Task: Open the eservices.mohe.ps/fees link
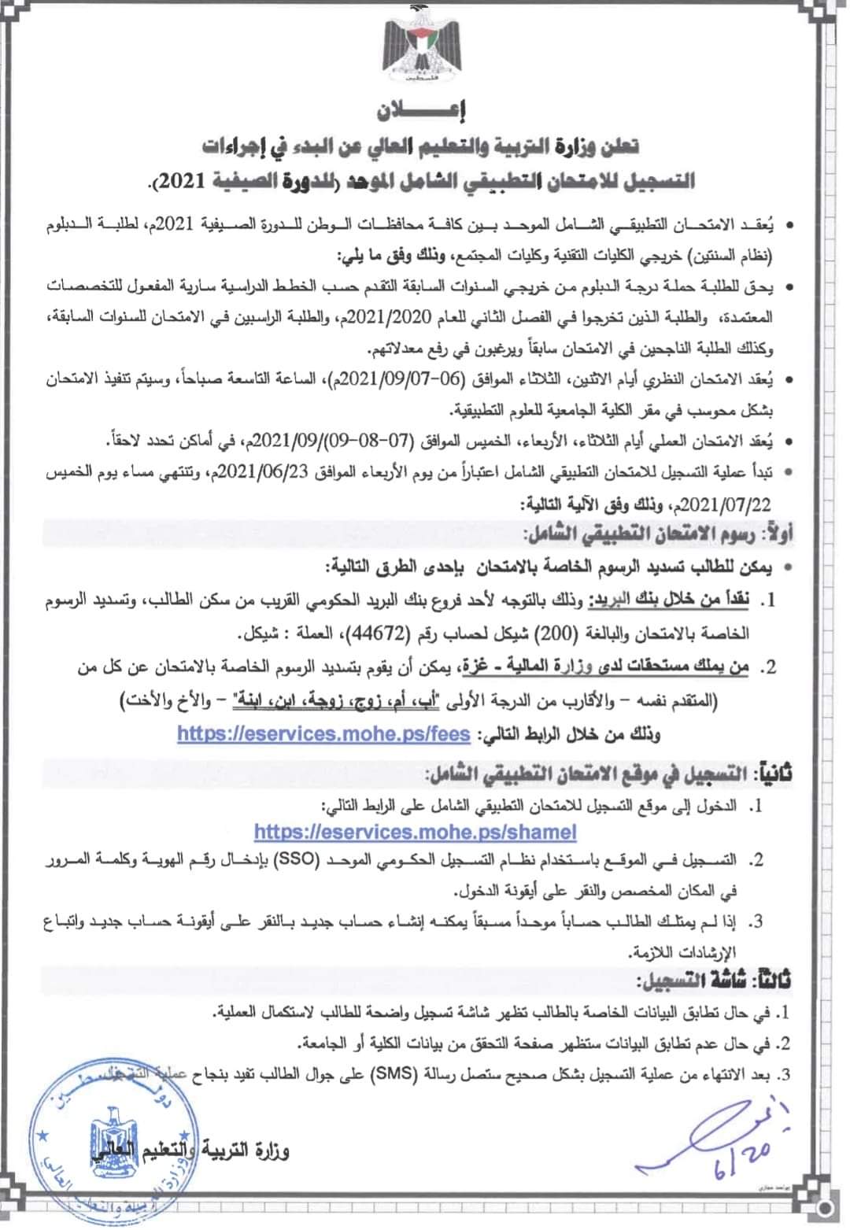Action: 323,733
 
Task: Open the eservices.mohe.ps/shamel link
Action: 416,832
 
